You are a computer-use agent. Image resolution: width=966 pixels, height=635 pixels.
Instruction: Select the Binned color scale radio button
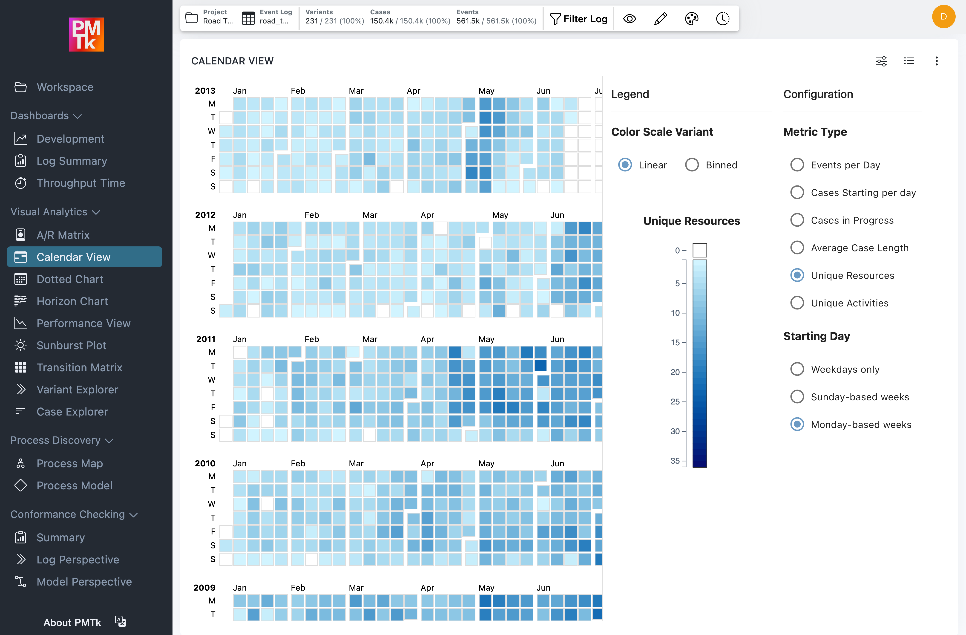pyautogui.click(x=692, y=165)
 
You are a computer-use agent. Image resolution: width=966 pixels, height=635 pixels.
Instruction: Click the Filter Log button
pyautogui.click(x=579, y=19)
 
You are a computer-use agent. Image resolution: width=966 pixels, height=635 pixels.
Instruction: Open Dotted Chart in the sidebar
pyautogui.click(x=70, y=279)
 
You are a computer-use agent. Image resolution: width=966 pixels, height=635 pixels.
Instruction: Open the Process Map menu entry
pyautogui.click(x=69, y=463)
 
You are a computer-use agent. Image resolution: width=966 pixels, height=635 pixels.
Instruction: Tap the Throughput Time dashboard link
pyautogui.click(x=80, y=183)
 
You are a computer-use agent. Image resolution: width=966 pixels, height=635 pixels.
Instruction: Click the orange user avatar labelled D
pyautogui.click(x=943, y=17)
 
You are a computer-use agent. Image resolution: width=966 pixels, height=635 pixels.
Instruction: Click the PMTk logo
pyautogui.click(x=86, y=35)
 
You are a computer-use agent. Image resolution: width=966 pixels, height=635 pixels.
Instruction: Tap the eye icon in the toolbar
pyautogui.click(x=630, y=19)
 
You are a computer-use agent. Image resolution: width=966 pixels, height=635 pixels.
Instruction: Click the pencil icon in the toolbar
pyautogui.click(x=660, y=19)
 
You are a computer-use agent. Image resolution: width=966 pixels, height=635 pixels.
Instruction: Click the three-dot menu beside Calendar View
pyautogui.click(x=936, y=61)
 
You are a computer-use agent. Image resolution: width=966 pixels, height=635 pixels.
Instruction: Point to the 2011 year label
pyautogui.click(x=206, y=339)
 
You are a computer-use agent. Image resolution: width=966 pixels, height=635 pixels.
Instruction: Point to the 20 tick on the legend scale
pyautogui.click(x=675, y=372)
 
